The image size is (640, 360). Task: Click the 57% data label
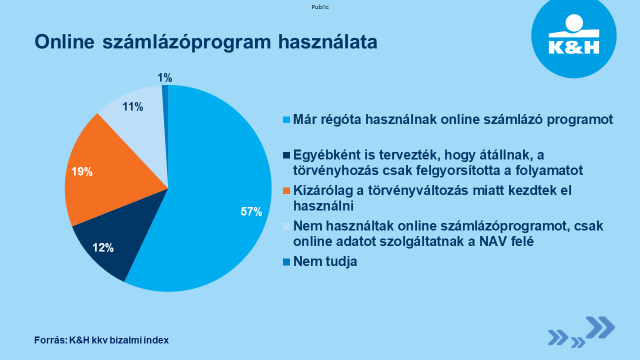pos(251,211)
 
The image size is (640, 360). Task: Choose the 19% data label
pos(82,172)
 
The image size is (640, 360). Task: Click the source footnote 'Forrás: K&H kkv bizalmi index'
pos(101,340)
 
